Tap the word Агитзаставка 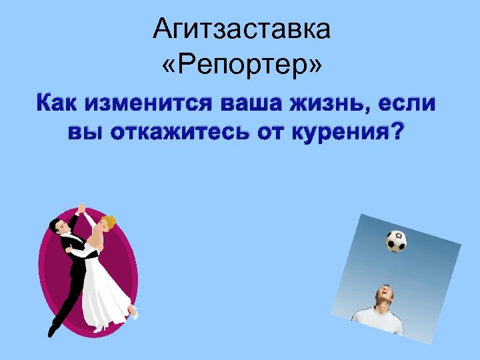(x=241, y=29)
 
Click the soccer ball (x=396, y=241)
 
